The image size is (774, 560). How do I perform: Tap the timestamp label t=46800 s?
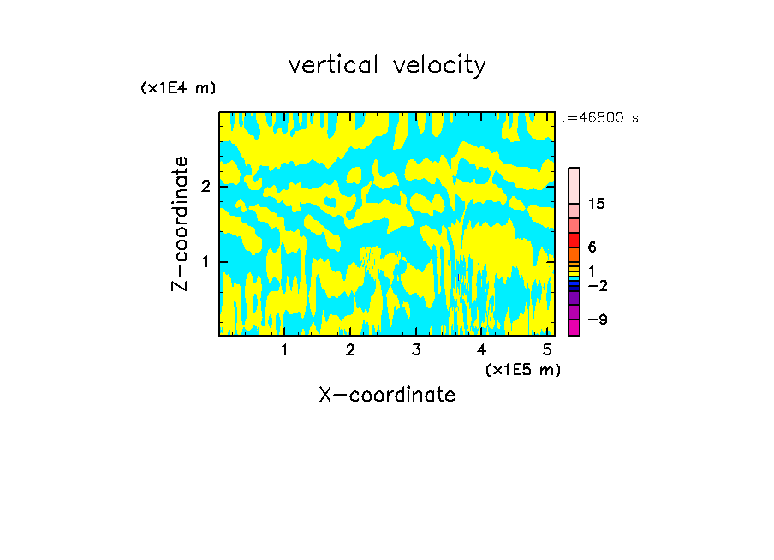[x=599, y=118]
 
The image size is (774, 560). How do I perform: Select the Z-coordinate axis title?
[x=180, y=223]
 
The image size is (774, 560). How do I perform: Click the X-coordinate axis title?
[x=387, y=395]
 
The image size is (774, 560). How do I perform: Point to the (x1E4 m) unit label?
[x=178, y=88]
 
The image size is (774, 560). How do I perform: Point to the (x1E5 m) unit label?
[x=522, y=369]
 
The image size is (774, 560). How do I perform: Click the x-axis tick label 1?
[x=284, y=349]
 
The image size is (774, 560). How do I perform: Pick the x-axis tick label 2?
[x=350, y=349]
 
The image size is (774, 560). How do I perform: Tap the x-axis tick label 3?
[x=416, y=349]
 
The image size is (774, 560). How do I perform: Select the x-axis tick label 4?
[x=482, y=349]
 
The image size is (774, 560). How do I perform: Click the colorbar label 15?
[x=597, y=204]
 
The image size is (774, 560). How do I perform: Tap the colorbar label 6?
[x=592, y=247]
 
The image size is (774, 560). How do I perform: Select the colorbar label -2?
[x=597, y=285]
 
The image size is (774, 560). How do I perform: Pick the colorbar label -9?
[x=597, y=319]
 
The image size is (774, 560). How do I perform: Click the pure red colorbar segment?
[x=574, y=241]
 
